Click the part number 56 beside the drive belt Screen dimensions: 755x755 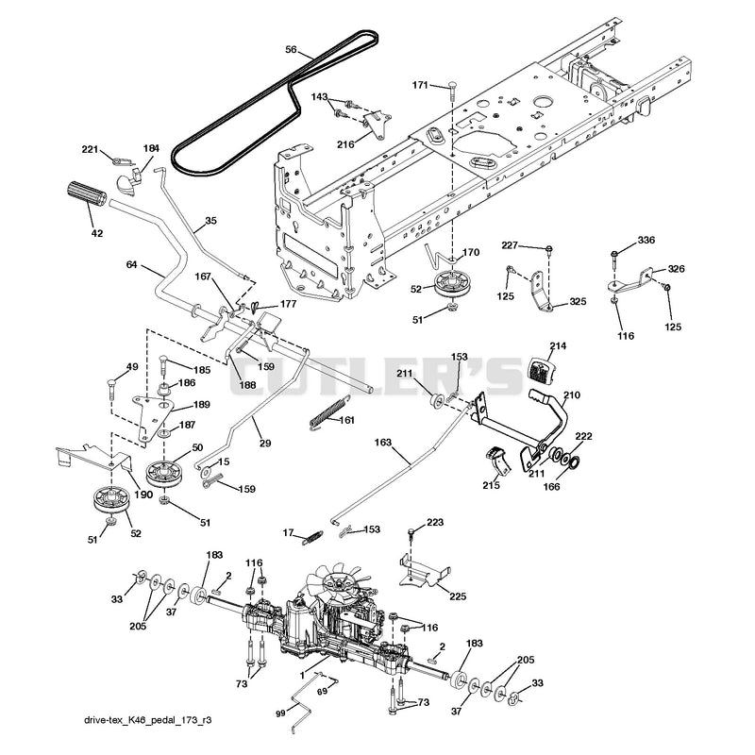coord(291,49)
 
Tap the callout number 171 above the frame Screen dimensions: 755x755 coord(420,85)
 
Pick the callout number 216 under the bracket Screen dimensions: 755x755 coord(345,144)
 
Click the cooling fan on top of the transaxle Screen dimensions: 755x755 coord(343,583)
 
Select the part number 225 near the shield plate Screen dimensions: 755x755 coord(457,596)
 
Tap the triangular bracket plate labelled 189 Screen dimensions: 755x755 coord(153,416)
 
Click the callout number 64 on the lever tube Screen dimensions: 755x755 coord(132,264)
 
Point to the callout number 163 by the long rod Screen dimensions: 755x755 coord(383,442)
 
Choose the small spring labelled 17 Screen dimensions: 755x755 coord(312,537)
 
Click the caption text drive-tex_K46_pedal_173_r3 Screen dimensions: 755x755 coord(148,720)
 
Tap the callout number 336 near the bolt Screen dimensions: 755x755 coord(646,240)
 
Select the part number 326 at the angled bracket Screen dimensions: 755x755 coord(676,269)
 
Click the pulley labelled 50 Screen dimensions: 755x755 coord(164,475)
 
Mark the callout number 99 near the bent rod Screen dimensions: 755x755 coord(281,713)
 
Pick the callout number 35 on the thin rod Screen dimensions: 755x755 coord(210,221)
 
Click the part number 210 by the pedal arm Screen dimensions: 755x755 coord(572,394)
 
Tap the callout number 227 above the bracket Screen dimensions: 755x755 coord(510,245)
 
